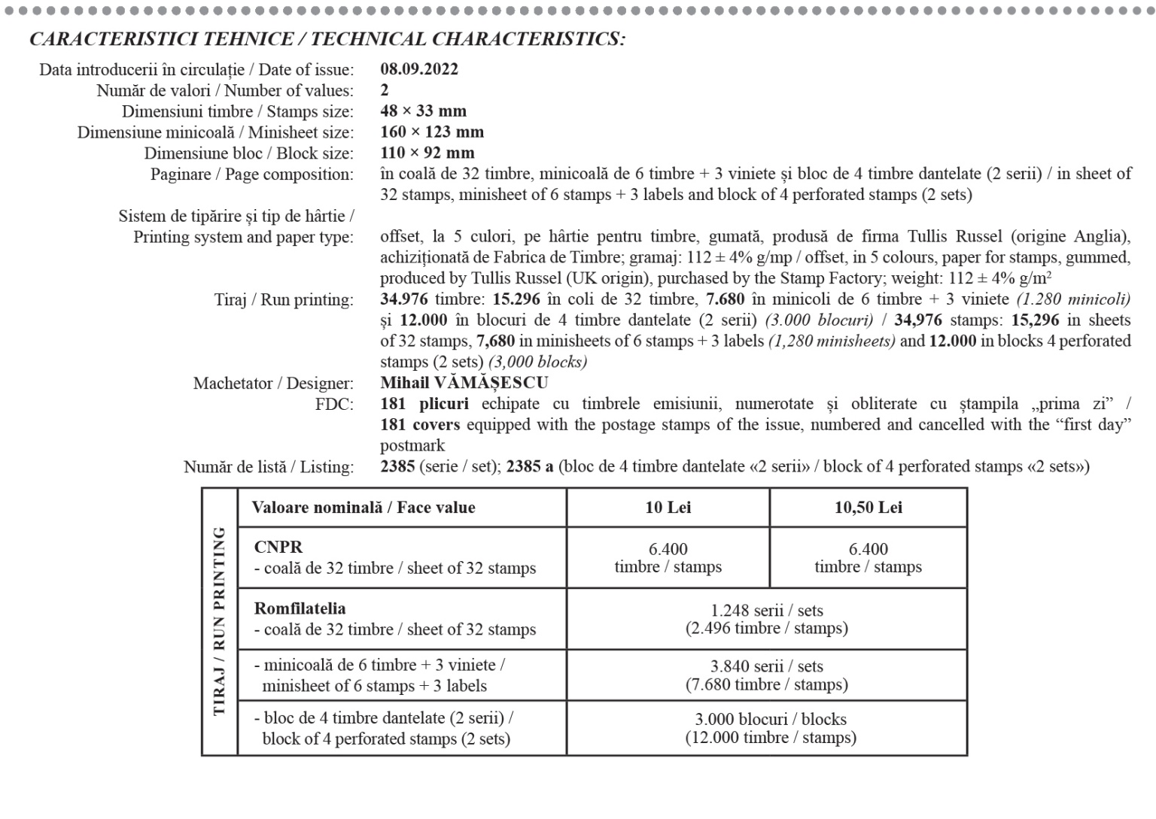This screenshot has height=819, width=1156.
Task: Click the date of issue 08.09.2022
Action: (418, 69)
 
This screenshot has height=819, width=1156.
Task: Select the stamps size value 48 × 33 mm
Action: (423, 111)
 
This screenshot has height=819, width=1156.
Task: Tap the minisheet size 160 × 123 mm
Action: (432, 132)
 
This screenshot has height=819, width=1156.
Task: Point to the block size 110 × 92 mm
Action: (427, 153)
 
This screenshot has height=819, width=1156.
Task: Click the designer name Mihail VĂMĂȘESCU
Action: (464, 383)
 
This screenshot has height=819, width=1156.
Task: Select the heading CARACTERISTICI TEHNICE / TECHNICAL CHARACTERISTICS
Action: (327, 39)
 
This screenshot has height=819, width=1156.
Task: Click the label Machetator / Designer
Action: (273, 384)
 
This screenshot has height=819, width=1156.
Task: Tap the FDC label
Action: (334, 405)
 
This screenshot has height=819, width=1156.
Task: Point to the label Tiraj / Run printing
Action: (284, 300)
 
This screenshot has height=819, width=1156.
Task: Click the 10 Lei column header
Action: (668, 508)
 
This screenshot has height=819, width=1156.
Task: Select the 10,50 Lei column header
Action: (868, 508)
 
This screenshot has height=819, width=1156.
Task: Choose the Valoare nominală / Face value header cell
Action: (364, 508)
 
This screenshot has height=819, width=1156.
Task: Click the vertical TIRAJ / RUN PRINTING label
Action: (219, 621)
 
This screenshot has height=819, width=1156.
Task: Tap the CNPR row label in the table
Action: (278, 548)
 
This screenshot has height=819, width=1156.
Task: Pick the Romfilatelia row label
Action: (300, 608)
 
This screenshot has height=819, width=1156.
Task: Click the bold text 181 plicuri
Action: (424, 404)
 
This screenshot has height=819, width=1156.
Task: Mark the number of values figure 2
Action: (385, 90)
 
